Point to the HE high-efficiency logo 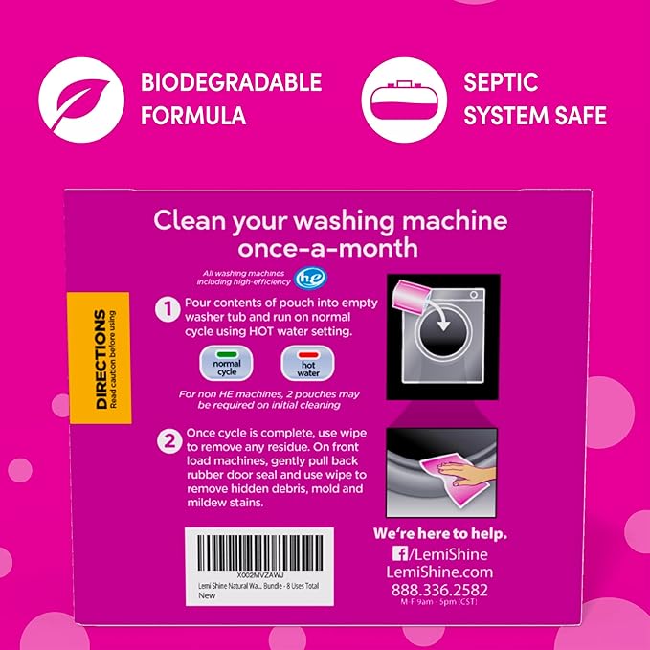pos(283,278)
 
